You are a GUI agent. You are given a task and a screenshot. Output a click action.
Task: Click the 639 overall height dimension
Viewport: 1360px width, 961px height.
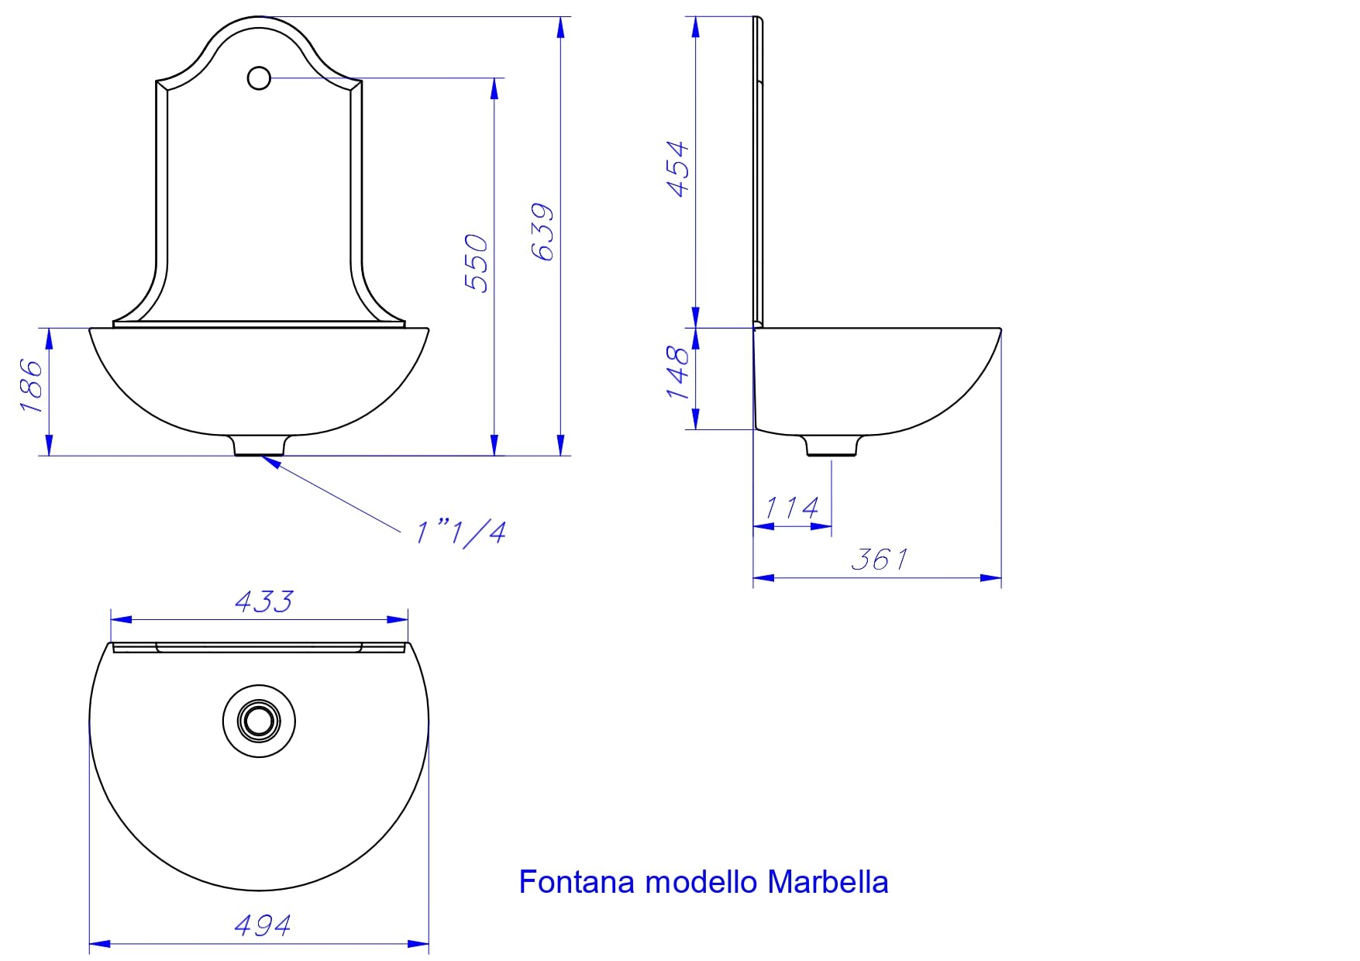(x=543, y=232)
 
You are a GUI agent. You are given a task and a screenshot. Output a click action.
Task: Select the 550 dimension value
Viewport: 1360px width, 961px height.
(x=477, y=263)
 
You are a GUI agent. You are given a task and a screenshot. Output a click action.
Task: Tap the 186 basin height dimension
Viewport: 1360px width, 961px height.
(x=31, y=384)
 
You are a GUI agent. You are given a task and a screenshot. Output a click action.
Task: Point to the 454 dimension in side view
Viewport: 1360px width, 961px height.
(x=677, y=169)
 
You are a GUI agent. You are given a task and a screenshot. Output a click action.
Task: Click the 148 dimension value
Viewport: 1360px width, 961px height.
(x=677, y=373)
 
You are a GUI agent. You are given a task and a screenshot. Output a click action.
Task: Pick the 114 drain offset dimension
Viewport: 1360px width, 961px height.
(x=791, y=508)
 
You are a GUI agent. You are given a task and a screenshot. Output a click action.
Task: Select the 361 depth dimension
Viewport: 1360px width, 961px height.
(x=879, y=559)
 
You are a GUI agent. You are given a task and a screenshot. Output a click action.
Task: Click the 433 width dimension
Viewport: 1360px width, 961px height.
(x=263, y=601)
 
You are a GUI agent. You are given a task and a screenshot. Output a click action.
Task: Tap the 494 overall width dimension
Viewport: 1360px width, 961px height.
(x=262, y=925)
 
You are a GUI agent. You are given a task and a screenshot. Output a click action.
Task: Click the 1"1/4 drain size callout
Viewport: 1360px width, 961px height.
(x=461, y=532)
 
